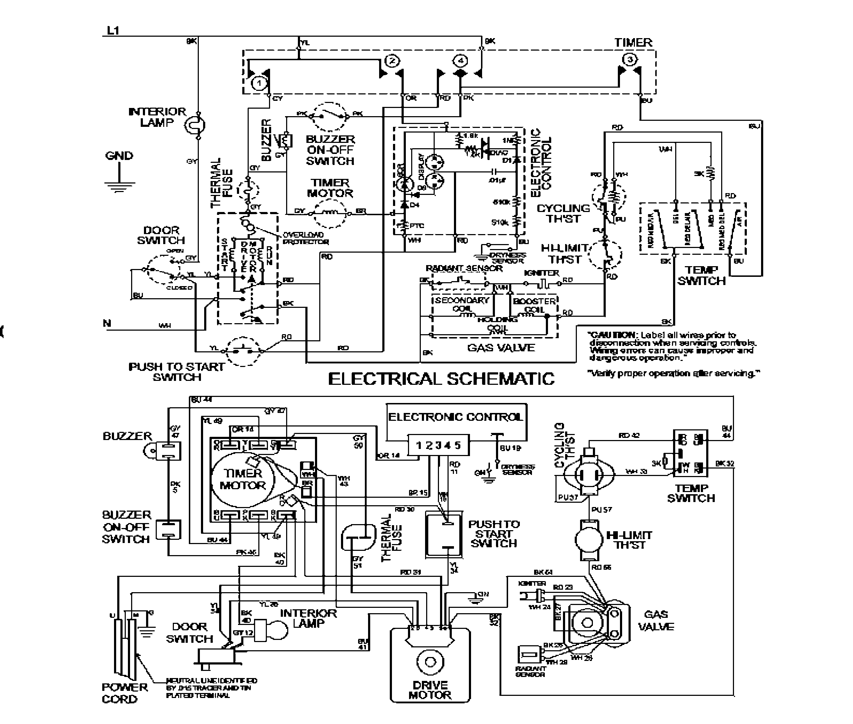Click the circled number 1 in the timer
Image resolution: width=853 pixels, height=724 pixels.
pos(259,83)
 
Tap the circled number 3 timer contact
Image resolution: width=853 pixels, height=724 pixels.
pos(630,60)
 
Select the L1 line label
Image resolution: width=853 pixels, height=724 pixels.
pos(113,31)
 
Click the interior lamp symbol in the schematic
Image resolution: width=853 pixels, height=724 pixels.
pos(194,125)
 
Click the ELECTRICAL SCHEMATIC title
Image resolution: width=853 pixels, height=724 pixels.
pos(441,378)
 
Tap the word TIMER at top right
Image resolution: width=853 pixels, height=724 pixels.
pos(633,43)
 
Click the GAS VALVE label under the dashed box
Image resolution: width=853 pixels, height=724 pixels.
pos(501,348)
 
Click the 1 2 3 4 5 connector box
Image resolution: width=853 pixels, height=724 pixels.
pos(438,445)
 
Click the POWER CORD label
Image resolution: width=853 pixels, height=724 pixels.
pos(124,693)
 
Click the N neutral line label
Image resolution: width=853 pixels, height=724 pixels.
pos(107,324)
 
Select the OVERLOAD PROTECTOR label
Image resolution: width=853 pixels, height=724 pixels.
pos(305,238)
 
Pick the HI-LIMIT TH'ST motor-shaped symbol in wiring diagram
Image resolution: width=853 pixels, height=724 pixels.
pos(590,539)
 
